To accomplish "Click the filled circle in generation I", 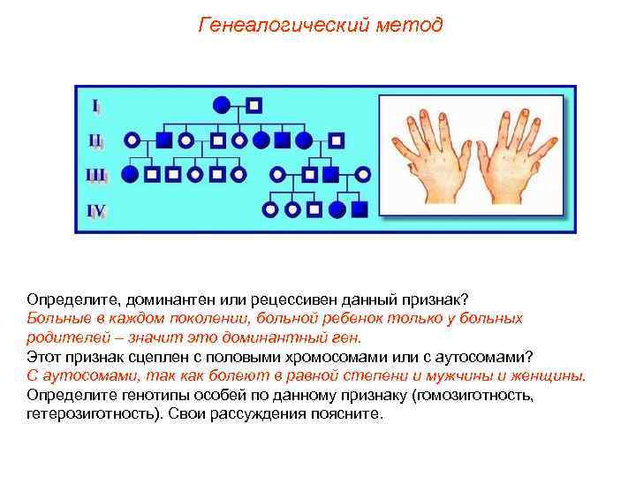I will click(223, 105).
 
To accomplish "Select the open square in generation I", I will click(254, 105).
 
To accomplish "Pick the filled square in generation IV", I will click(359, 209).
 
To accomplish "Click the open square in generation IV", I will click(313, 209).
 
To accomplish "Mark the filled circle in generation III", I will click(131, 174).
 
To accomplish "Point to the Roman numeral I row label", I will click(95, 106).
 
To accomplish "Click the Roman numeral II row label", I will click(95, 140).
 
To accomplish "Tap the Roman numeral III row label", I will click(96, 175).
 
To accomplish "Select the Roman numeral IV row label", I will click(96, 210).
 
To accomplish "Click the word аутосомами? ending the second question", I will click(484, 356).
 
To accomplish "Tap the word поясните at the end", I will click(352, 413).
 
